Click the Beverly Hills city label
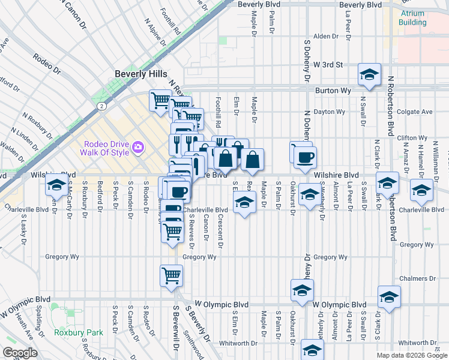click(x=141, y=73)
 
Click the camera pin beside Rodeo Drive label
click(x=139, y=147)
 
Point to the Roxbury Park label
click(x=78, y=332)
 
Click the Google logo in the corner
click(x=20, y=353)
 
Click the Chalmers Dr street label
click(x=417, y=278)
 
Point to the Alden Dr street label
click(x=327, y=36)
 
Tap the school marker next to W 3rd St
click(x=370, y=74)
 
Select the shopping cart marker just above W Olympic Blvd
click(x=172, y=275)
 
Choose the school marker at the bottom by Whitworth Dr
click(x=312, y=350)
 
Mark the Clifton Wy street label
click(x=413, y=137)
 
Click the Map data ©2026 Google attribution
click(x=412, y=355)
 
